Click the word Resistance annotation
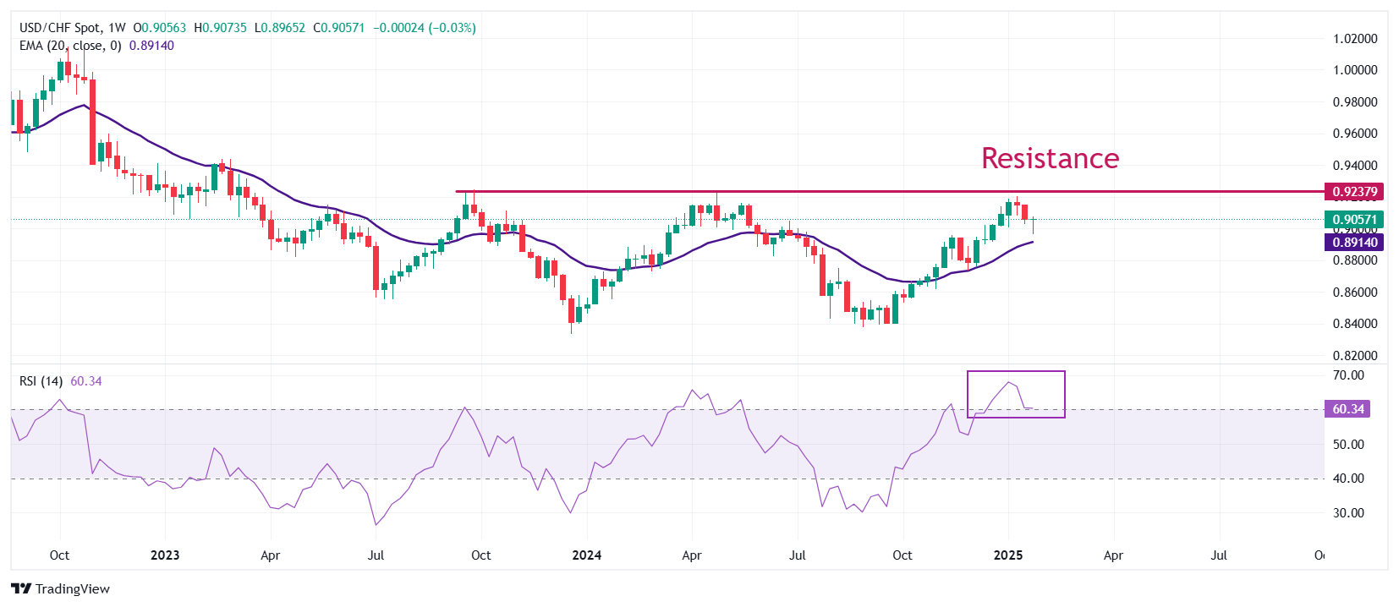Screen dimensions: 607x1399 click(1050, 158)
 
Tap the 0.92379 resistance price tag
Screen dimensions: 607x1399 click(1354, 192)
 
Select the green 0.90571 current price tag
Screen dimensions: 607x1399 click(1354, 220)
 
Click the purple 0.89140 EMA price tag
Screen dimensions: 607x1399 click(1354, 243)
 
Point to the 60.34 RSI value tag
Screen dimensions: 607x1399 click(1348, 409)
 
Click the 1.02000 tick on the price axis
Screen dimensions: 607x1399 click(1355, 39)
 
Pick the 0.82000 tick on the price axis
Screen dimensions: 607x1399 click(1355, 356)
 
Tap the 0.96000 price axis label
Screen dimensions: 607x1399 click(1355, 134)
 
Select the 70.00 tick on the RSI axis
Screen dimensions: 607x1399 click(1348, 375)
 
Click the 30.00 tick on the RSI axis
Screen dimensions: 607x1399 click(1348, 513)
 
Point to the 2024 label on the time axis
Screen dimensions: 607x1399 click(586, 555)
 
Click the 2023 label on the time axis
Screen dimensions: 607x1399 click(165, 555)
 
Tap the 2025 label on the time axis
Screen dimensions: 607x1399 click(1008, 555)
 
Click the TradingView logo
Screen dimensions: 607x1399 click(61, 589)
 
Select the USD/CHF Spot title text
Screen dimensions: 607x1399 click(58, 28)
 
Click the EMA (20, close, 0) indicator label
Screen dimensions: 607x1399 click(70, 46)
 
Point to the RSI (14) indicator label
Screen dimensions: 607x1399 click(41, 381)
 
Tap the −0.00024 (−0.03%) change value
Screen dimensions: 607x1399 click(425, 28)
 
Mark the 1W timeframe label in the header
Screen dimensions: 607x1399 click(117, 28)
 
